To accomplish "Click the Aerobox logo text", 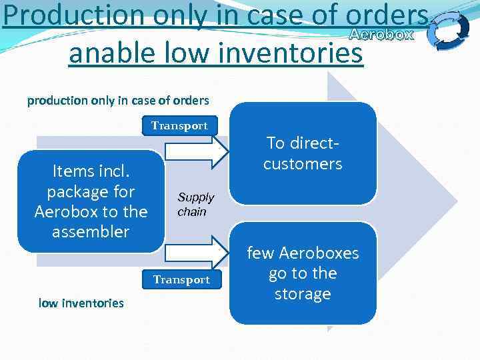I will (x=381, y=35).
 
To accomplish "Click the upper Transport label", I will (x=179, y=125).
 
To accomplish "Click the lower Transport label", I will (x=181, y=280).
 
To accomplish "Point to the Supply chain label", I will (x=195, y=205).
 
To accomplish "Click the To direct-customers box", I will (x=303, y=153).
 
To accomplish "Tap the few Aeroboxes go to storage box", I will (x=303, y=273).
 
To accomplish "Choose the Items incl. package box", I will (x=91, y=201).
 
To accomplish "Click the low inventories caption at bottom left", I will (x=81, y=303).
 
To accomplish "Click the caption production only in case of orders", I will (x=118, y=101).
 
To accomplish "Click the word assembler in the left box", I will (x=91, y=232).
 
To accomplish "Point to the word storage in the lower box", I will (x=303, y=294).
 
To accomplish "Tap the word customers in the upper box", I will (x=303, y=163).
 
